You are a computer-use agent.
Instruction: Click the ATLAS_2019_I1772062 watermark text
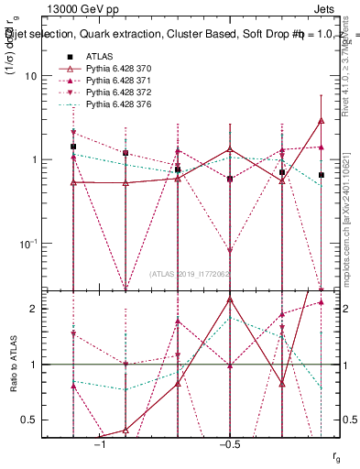coord(191,274)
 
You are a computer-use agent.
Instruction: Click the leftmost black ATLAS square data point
coord(73,147)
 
